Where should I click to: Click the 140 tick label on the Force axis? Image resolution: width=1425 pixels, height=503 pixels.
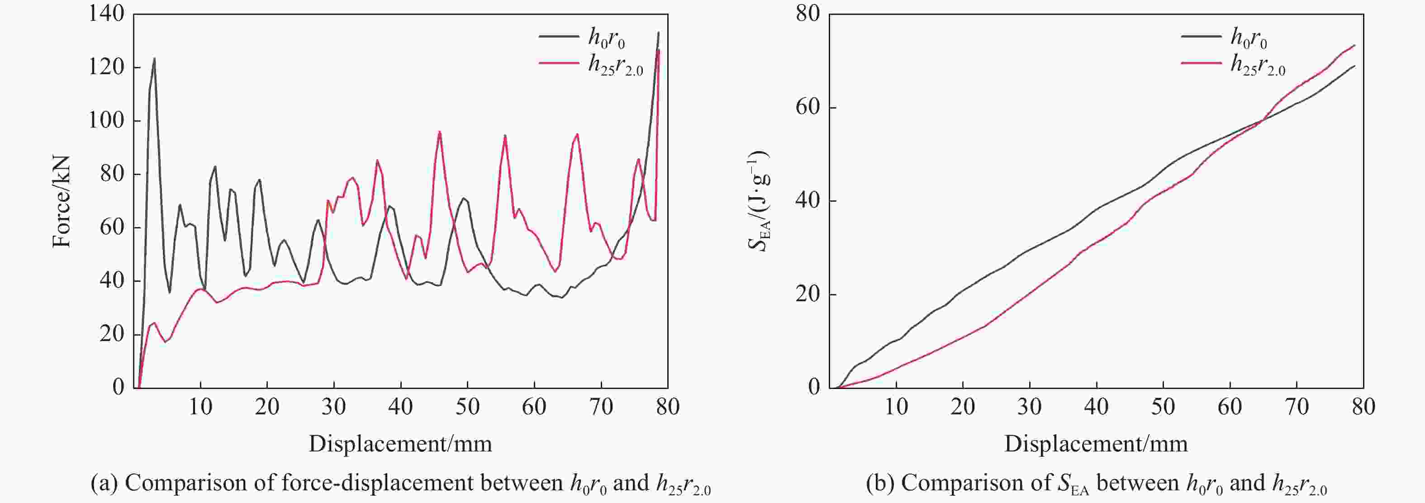point(106,14)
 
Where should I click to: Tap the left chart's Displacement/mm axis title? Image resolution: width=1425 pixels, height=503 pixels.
point(400,444)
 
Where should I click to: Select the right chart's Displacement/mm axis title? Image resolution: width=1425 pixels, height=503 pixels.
point(1096,444)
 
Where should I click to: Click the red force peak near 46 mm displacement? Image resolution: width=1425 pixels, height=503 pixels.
point(440,132)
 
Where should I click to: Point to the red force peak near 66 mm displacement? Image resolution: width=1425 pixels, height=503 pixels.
point(577,134)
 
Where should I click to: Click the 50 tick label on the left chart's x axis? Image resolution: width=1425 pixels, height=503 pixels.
point(467,407)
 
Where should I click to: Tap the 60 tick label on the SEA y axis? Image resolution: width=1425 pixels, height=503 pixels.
point(807,107)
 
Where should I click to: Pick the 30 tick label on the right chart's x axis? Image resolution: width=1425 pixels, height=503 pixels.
point(1030,407)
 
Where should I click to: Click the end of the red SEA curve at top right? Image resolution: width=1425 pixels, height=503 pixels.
point(1354,45)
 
